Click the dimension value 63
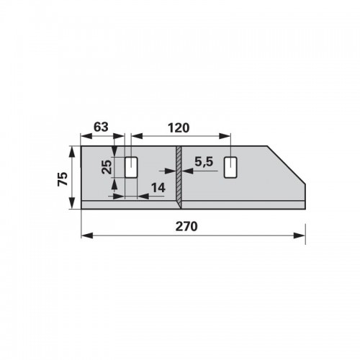101,127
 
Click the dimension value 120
179,128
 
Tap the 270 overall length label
186,226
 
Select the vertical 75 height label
63,179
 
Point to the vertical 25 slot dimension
107,167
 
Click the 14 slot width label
158,188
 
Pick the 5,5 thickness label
204,162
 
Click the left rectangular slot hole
131,168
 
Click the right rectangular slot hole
230,168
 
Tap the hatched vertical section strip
179,177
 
